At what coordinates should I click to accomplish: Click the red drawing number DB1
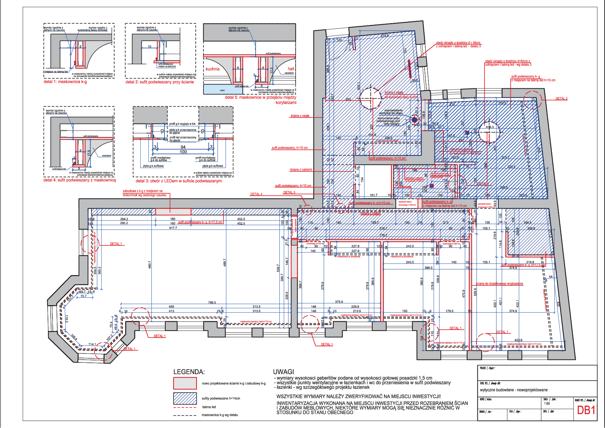click(586, 410)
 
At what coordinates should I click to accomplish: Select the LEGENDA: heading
click(189, 372)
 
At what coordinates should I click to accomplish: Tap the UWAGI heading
click(283, 372)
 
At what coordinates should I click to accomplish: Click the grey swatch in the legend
click(185, 383)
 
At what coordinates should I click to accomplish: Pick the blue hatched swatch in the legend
click(185, 398)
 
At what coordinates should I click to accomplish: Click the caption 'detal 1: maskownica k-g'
click(65, 82)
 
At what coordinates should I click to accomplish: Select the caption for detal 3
click(179, 181)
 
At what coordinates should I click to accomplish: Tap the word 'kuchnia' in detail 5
click(212, 69)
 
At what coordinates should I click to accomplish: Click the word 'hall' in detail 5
click(291, 69)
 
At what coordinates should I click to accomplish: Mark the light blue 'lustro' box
click(222, 90)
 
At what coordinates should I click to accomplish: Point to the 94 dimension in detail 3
click(183, 147)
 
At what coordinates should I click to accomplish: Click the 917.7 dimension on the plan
click(173, 228)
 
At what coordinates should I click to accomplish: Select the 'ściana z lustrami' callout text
click(301, 169)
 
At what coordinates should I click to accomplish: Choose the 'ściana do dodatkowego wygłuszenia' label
click(499, 284)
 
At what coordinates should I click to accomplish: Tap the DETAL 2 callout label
click(561, 99)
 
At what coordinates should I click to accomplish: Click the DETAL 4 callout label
click(256, 194)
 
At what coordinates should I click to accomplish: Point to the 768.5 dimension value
click(212, 302)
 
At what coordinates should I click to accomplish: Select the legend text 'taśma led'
click(209, 407)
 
